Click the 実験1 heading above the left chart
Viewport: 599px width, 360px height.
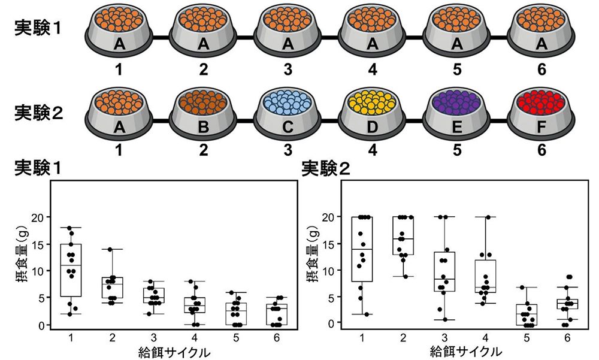click(x=38, y=169)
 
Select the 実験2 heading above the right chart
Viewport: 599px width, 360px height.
click(x=326, y=169)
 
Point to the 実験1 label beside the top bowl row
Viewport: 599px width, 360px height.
click(x=38, y=28)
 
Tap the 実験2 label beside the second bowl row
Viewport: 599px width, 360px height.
click(x=38, y=112)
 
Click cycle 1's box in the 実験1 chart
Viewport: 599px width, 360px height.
click(x=71, y=270)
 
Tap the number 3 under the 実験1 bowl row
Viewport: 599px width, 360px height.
click(x=288, y=70)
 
